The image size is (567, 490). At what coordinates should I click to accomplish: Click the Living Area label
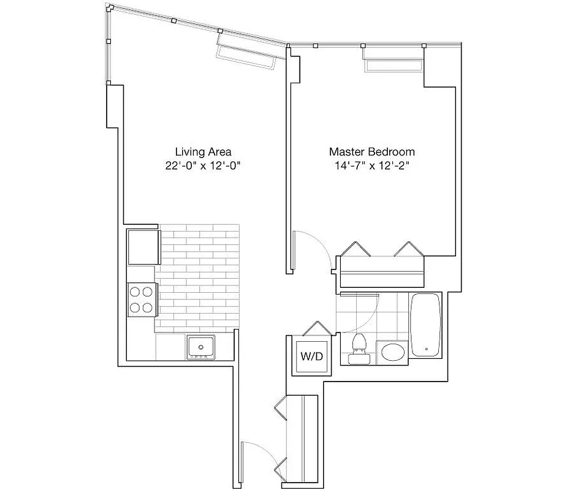pyautogui.click(x=203, y=151)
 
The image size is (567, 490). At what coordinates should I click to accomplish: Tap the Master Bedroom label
pyautogui.click(x=371, y=151)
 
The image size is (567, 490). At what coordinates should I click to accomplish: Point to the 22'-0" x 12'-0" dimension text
pyautogui.click(x=203, y=166)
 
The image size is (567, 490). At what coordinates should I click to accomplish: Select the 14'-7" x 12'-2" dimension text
pyautogui.click(x=372, y=166)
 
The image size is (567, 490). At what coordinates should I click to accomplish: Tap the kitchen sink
pyautogui.click(x=201, y=347)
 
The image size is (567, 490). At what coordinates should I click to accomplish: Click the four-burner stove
pyautogui.click(x=140, y=300)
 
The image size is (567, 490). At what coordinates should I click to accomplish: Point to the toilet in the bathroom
pyautogui.click(x=357, y=347)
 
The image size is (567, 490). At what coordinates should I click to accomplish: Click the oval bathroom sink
pyautogui.click(x=392, y=353)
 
